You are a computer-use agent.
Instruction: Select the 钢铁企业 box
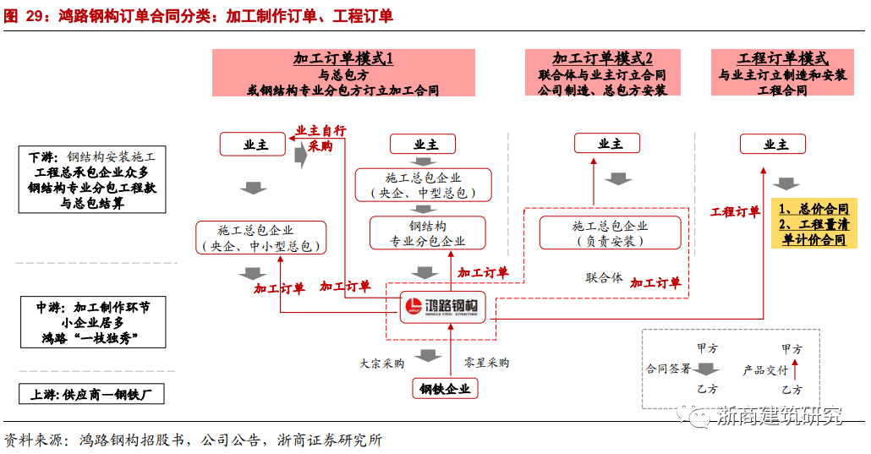(445, 388)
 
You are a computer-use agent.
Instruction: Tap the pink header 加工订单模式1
(343, 73)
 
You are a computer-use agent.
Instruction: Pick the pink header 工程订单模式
(782, 73)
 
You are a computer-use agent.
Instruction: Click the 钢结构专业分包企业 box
(428, 233)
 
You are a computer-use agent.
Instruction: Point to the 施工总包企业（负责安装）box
(610, 232)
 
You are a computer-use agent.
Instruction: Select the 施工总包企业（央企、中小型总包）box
(260, 238)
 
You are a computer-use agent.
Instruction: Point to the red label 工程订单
(735, 212)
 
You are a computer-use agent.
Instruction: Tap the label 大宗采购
(381, 363)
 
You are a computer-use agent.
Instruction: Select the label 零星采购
(486, 363)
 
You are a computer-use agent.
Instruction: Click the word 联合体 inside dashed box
(604, 278)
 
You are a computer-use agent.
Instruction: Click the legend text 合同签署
(668, 369)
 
